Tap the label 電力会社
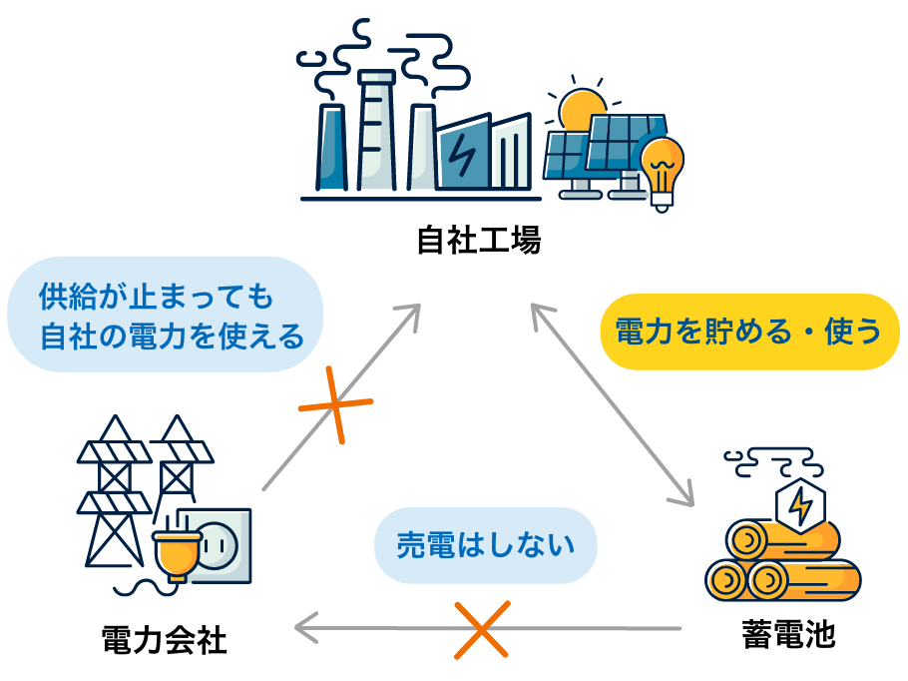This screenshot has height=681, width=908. (165, 640)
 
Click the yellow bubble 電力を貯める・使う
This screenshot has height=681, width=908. (749, 332)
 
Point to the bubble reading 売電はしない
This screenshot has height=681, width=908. (486, 545)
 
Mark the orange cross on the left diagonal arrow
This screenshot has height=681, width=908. (335, 404)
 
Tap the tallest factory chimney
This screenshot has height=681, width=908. (375, 130)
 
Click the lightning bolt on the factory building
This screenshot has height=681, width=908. (462, 155)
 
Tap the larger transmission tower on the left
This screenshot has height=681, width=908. (114, 494)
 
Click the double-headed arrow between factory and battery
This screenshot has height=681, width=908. (611, 403)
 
